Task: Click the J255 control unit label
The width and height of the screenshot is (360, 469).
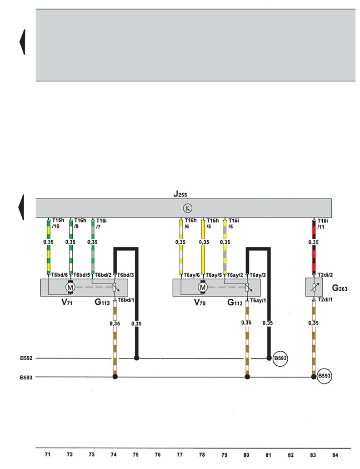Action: (x=180, y=194)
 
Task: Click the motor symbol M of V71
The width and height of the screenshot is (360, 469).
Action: (x=70, y=287)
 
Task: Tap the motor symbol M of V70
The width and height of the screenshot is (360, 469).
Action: (x=203, y=287)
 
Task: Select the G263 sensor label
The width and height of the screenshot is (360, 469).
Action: (x=340, y=288)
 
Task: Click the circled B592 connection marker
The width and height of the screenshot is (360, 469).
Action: (x=280, y=358)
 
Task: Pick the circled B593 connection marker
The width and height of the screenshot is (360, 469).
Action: (x=324, y=376)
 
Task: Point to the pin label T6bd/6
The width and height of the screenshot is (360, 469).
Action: (x=60, y=275)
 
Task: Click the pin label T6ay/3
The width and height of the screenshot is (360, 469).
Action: (x=258, y=275)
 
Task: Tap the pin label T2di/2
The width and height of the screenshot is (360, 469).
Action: (x=325, y=275)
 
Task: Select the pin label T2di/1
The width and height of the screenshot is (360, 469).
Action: (x=325, y=299)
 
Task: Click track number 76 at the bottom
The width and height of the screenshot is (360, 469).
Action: (x=157, y=454)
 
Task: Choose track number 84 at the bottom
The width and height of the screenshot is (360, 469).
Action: (x=335, y=455)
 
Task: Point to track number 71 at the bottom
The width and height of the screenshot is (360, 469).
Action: (x=48, y=454)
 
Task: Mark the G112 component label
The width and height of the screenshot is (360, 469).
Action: (x=235, y=303)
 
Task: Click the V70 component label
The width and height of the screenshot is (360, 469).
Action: (x=200, y=303)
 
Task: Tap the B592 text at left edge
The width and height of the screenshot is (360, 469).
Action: (x=26, y=358)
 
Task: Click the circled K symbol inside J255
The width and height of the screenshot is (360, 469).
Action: (x=188, y=208)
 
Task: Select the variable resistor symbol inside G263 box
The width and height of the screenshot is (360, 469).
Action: (x=313, y=287)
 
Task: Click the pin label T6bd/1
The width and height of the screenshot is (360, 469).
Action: (x=126, y=300)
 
